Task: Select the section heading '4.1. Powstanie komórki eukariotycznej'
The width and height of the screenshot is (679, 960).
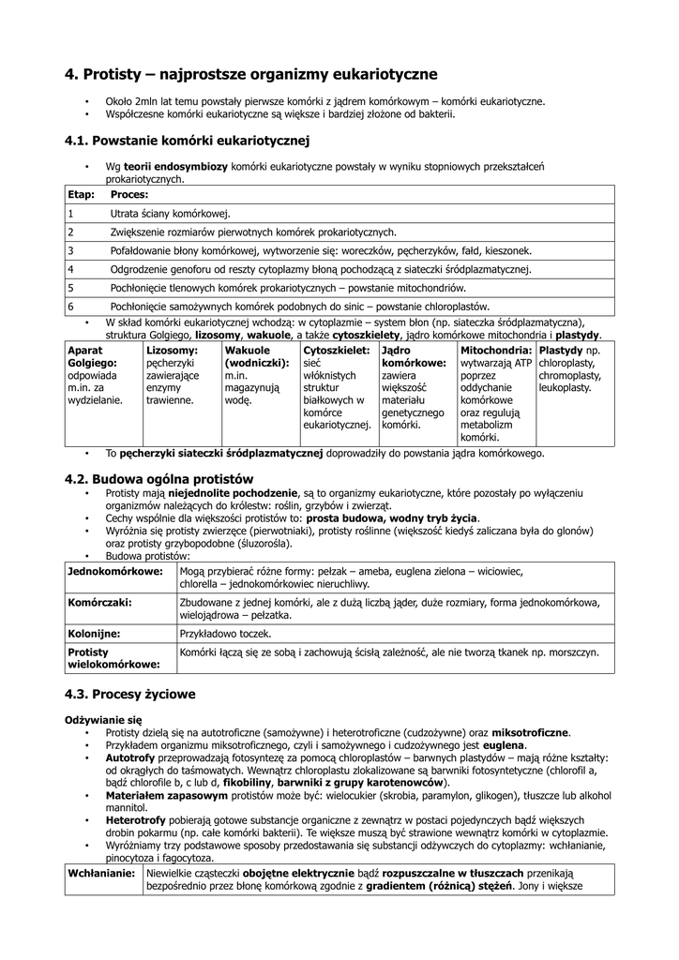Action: click(x=187, y=141)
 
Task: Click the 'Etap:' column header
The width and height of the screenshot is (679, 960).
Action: click(x=81, y=194)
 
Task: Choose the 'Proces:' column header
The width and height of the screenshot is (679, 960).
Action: click(x=129, y=194)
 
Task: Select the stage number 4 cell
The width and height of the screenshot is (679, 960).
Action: click(x=70, y=269)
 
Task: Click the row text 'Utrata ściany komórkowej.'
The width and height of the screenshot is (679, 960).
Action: click(x=170, y=214)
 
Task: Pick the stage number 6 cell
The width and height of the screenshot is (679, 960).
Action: click(x=70, y=307)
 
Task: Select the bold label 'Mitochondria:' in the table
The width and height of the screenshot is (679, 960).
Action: click(x=496, y=351)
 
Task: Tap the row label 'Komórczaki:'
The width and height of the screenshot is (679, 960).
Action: click(x=99, y=603)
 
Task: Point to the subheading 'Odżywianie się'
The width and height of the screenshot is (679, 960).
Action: click(x=103, y=719)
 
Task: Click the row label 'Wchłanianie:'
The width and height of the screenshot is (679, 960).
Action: click(x=102, y=872)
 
